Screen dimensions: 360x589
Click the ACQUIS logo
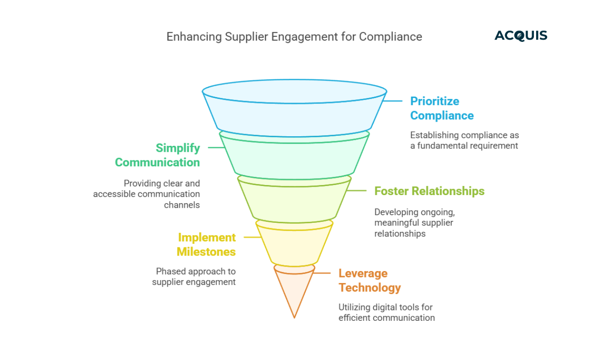(521, 36)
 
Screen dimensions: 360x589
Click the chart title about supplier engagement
(294, 36)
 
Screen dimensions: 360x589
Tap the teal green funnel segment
(294, 155)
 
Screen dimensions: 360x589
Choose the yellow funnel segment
(294, 244)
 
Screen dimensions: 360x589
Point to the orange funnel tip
(294, 292)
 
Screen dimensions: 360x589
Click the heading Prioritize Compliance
(441, 108)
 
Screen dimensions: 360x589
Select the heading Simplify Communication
(157, 155)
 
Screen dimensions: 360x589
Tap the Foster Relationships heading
(429, 190)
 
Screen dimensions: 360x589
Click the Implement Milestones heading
(206, 244)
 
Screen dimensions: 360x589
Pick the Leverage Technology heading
(369, 280)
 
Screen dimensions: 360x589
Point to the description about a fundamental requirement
(464, 140)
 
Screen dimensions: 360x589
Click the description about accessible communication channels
(147, 194)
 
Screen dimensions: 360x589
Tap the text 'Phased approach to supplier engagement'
(194, 277)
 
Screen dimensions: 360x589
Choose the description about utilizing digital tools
(386, 312)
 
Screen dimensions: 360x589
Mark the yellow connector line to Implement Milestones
(251, 237)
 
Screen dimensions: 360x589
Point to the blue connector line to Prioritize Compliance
(393, 101)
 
